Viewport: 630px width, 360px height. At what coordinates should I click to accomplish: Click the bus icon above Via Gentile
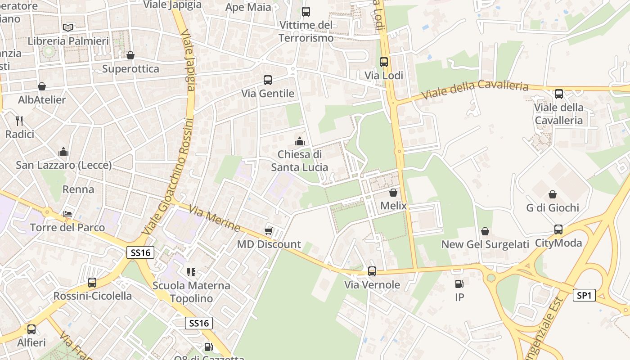click(268, 80)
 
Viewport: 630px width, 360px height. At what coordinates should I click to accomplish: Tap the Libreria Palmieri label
click(68, 41)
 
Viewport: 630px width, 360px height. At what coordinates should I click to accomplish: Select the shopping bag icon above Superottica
click(130, 55)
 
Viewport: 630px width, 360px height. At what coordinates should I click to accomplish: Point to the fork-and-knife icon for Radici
click(19, 121)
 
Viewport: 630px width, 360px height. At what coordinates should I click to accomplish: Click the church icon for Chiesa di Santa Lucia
click(300, 141)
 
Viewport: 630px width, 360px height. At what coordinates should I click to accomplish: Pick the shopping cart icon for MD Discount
click(269, 231)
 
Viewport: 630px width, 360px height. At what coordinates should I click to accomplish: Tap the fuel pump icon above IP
click(459, 283)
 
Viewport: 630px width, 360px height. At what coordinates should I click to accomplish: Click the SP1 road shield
click(584, 296)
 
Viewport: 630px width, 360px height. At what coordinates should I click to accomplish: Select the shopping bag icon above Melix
click(393, 193)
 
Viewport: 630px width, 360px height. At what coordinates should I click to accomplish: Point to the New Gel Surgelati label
click(485, 244)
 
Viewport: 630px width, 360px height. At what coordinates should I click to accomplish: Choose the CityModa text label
click(558, 243)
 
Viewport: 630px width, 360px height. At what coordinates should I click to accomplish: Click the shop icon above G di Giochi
click(553, 194)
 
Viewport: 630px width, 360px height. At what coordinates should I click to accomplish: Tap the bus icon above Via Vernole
click(372, 271)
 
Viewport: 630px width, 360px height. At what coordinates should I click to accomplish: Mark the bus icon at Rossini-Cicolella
click(92, 283)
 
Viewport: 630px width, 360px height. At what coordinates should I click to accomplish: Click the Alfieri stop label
click(31, 342)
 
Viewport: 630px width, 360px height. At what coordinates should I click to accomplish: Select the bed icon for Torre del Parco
click(67, 214)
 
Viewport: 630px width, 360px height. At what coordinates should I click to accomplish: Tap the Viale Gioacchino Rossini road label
click(169, 175)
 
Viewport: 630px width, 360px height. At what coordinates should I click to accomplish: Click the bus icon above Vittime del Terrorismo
click(306, 12)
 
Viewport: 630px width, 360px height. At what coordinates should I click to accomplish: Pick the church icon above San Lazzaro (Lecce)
click(63, 152)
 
